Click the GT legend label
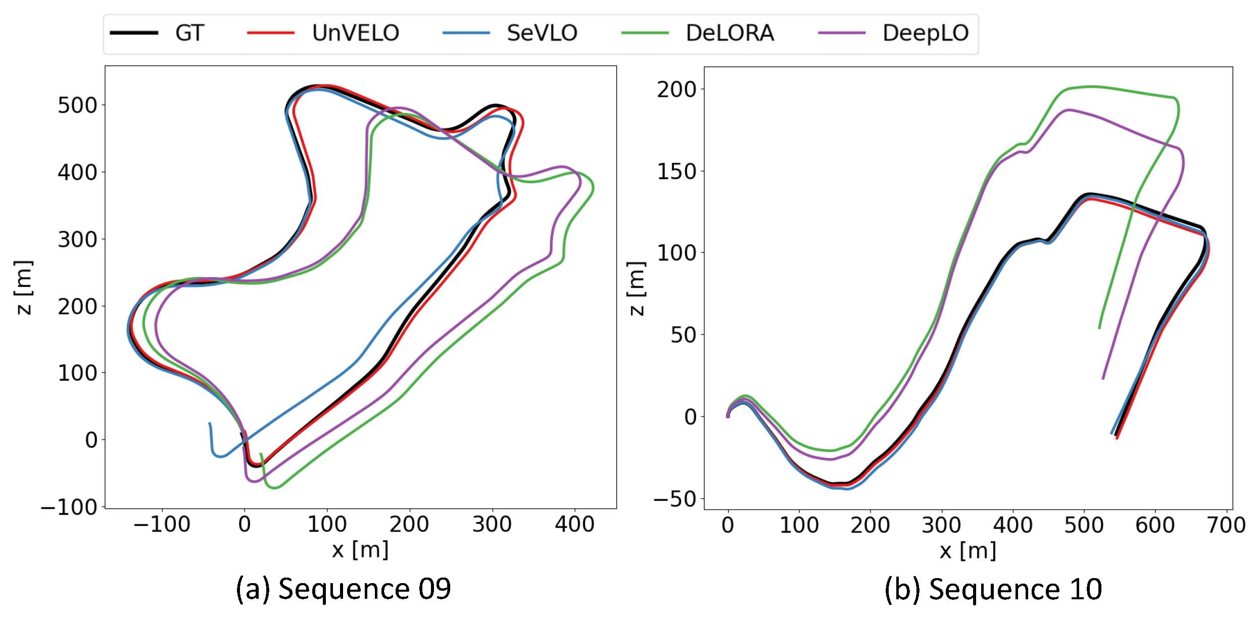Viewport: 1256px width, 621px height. coord(189,33)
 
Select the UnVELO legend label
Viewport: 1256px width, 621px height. coord(355,33)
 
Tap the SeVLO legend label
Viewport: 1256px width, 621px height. coord(542,33)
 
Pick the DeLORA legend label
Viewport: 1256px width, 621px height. coord(730,33)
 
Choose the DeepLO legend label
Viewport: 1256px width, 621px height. coord(925,33)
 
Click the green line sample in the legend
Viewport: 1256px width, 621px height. coord(645,33)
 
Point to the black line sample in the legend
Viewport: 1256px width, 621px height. coord(134,33)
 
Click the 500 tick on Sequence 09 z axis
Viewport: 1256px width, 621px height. coord(77,106)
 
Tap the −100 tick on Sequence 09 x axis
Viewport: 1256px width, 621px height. coord(162,525)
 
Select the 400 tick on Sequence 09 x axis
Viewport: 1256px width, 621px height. coord(574,525)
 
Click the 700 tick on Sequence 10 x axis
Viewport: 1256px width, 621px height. coord(1226,526)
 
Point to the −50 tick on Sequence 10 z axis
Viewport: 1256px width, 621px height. coord(674,499)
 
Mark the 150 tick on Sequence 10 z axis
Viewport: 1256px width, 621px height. coord(677,172)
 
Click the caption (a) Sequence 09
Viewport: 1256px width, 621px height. coord(343,589)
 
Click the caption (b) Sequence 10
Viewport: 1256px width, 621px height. coord(993,589)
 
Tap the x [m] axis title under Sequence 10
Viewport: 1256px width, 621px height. coord(968,550)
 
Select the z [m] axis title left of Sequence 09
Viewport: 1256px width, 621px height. coord(23,288)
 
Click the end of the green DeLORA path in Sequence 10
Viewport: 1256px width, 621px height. coord(1099,329)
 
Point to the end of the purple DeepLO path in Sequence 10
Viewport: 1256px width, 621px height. coord(1102,379)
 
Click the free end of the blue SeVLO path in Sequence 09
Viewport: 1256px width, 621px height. coord(209,423)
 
